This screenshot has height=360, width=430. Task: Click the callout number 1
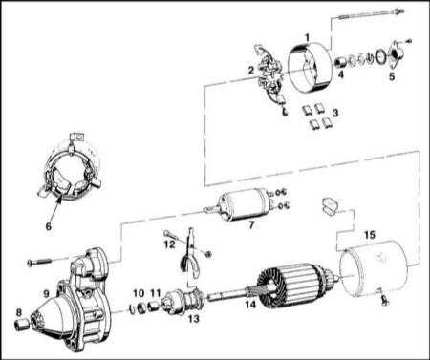(x=307, y=38)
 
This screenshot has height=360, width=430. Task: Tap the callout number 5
(x=392, y=76)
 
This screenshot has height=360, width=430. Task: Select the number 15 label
(x=370, y=235)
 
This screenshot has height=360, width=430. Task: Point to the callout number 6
(x=48, y=226)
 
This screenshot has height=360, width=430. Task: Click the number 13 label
(x=194, y=318)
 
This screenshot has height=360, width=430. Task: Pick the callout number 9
(x=47, y=293)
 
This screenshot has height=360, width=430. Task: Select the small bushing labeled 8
(x=22, y=325)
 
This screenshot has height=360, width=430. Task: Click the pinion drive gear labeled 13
(x=183, y=302)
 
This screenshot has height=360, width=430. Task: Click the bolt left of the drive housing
(x=40, y=263)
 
